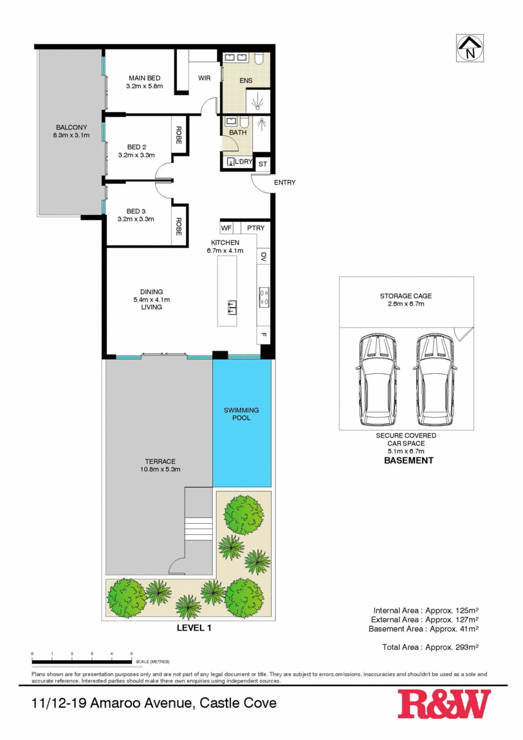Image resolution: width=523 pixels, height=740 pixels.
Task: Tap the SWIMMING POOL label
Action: point(241,414)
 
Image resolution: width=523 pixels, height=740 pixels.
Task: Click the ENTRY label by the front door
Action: point(284,183)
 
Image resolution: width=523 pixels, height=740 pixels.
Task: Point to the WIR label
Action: point(204,79)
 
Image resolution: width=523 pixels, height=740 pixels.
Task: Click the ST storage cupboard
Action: point(262,164)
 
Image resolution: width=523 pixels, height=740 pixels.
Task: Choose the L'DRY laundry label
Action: point(243,162)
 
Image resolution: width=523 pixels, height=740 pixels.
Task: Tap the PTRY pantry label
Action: point(255,228)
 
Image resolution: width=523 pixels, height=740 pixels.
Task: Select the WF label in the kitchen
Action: point(226,228)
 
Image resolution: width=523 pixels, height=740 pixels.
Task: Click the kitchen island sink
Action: point(232,307)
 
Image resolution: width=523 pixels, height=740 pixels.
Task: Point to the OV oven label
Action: point(264,257)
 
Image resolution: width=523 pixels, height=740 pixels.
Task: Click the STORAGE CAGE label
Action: point(405,296)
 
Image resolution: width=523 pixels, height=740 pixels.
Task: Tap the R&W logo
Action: point(443,704)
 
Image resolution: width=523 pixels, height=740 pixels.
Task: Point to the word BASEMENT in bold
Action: point(408,460)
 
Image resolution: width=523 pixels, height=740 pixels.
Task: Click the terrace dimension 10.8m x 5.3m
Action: point(160,469)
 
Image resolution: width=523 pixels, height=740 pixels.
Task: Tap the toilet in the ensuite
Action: point(259,60)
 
